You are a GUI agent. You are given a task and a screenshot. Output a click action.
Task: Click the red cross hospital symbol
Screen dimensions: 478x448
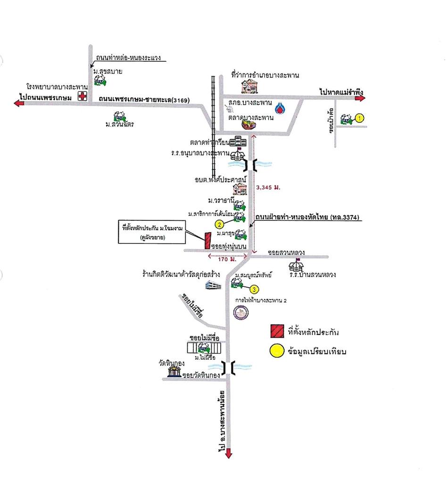point(83,97)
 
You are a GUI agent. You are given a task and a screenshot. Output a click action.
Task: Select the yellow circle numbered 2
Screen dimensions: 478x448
point(219,224)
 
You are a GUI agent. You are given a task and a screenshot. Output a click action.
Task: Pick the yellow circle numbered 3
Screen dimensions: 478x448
point(254,289)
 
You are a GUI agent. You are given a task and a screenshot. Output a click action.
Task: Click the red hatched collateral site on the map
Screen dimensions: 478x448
point(207,241)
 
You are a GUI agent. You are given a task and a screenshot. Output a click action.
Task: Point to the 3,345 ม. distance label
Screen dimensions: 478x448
point(268,187)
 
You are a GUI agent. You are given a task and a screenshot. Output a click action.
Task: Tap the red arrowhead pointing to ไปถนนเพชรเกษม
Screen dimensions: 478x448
point(19,104)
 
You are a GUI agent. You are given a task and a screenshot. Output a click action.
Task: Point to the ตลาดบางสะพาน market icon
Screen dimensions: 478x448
point(249,124)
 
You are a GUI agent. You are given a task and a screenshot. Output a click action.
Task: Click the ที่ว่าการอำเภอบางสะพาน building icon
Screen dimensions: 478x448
point(249,85)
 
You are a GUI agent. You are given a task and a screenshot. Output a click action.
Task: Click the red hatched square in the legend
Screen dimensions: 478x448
point(276,331)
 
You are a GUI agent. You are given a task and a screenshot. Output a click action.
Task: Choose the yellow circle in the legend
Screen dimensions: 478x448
point(276,350)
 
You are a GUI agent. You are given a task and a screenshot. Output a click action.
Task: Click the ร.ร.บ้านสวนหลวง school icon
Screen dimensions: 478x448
point(298,265)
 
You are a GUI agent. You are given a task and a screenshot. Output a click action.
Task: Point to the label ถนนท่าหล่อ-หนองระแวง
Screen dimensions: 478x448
point(128,58)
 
